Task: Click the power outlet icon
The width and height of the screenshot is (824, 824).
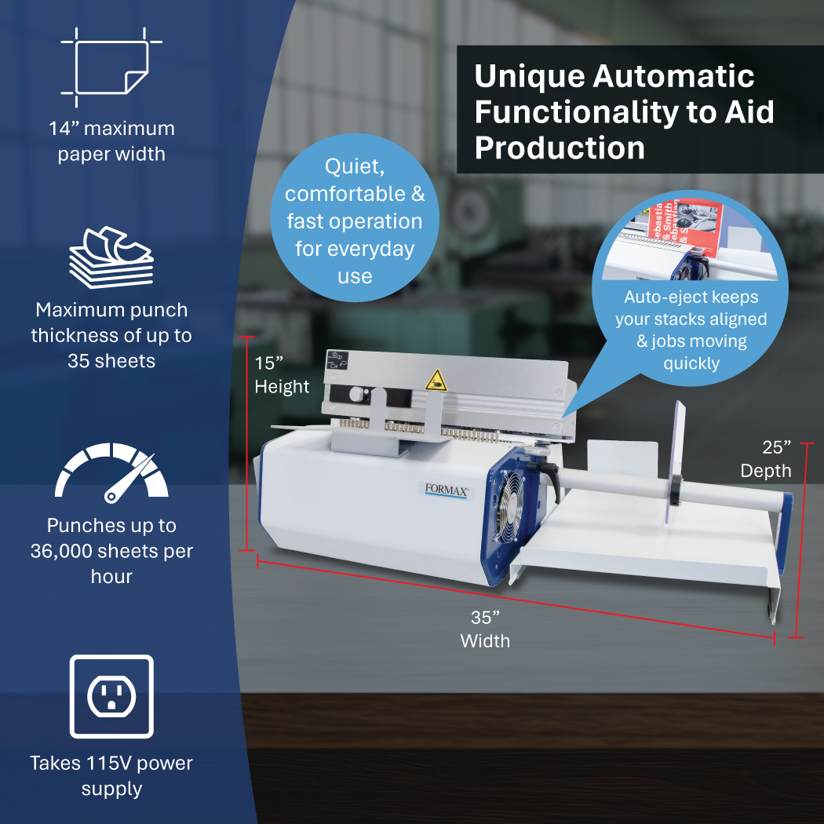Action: [x=111, y=696]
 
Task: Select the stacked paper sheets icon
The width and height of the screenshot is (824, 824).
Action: [x=111, y=257]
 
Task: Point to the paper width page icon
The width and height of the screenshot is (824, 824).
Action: [x=111, y=67]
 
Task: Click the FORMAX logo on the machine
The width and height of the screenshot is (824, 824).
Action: [x=447, y=490]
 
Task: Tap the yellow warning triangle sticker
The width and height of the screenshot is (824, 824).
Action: [x=436, y=381]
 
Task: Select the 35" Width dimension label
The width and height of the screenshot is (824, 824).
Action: [x=485, y=629]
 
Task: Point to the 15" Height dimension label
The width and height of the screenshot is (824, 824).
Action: [x=282, y=374]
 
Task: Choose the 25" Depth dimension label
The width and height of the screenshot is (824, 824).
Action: [x=766, y=459]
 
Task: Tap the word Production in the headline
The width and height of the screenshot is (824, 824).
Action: [x=560, y=148]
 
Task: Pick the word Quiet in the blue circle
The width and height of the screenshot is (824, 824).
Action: [x=355, y=166]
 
